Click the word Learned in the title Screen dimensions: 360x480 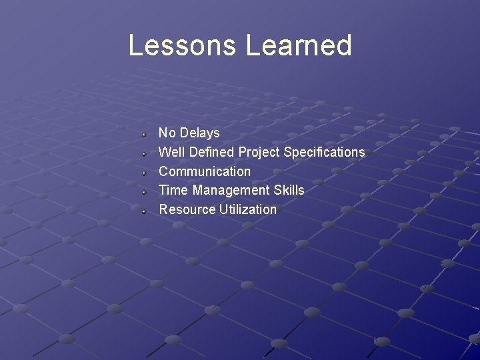click(298, 45)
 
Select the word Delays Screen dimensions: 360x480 click(199, 133)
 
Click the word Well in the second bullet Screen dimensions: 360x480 click(172, 152)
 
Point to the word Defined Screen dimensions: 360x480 click(212, 152)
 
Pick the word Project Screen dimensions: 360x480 click(259, 153)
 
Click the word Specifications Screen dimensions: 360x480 click(324, 153)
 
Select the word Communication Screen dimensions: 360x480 click(205, 171)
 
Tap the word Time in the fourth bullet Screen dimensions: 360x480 click(173, 190)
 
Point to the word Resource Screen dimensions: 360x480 click(187, 209)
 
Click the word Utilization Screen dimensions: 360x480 click(247, 209)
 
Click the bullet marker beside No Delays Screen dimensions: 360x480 click(143, 134)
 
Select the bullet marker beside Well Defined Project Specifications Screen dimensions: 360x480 click(143, 153)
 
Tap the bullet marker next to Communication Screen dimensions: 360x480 click(143, 172)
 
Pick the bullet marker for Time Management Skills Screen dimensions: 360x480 click(143, 191)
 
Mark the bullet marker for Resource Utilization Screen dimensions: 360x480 click(143, 211)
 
